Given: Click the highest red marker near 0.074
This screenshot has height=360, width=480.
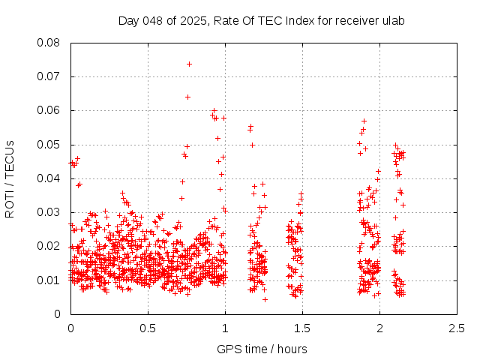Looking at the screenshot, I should pyautogui.click(x=189, y=64).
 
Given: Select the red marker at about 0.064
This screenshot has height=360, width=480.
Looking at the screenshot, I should pyautogui.click(x=187, y=97).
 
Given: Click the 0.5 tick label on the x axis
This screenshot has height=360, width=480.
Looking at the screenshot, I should pyautogui.click(x=148, y=328).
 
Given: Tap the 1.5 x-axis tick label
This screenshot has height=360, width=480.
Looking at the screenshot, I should pyautogui.click(x=302, y=328).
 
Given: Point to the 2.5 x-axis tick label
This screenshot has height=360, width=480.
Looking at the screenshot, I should pyautogui.click(x=457, y=328).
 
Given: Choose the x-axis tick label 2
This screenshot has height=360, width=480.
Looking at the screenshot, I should pyautogui.click(x=379, y=328).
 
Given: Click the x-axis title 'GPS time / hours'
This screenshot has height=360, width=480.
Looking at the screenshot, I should pyautogui.click(x=262, y=349).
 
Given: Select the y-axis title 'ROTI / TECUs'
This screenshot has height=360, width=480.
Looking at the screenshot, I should pyautogui.click(x=10, y=178).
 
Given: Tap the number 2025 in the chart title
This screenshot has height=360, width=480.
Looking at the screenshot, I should pyautogui.click(x=193, y=20).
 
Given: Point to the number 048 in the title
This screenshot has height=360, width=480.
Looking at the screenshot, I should pyautogui.click(x=152, y=20).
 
